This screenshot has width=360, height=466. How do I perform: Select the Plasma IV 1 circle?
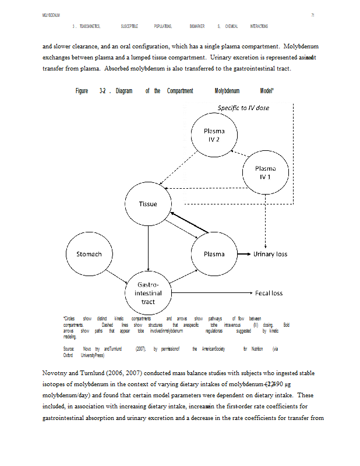coord(265,172)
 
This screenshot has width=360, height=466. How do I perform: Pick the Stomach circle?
coord(89,254)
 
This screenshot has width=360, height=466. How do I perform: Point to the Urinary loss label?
coord(270,254)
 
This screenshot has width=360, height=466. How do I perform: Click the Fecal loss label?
coord(269,293)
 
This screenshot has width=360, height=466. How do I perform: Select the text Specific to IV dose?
coord(243,108)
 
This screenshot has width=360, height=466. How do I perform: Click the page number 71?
coord(313,15)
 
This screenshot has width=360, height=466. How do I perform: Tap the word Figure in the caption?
coord(82,91)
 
